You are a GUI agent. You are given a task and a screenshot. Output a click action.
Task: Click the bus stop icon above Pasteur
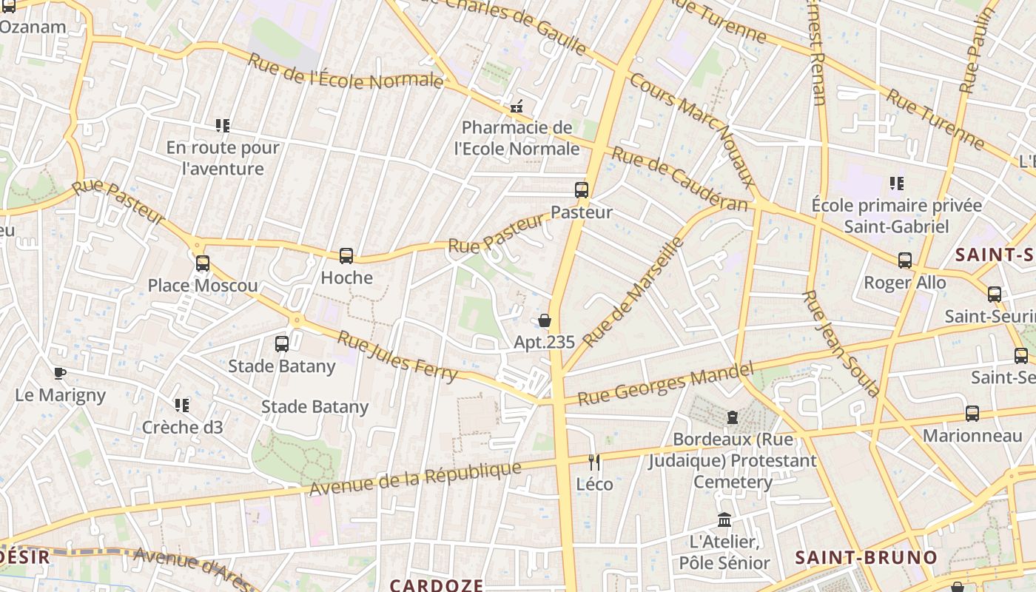(x=582, y=190)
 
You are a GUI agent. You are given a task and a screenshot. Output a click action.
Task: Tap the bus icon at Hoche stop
(x=346, y=256)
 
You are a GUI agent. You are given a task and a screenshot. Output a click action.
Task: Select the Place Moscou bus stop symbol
(x=203, y=263)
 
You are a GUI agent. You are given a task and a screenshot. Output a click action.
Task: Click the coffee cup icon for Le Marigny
(x=60, y=373)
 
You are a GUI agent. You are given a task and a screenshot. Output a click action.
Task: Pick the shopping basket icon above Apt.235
(x=545, y=320)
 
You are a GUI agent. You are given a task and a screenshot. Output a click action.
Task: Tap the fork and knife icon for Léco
(x=594, y=462)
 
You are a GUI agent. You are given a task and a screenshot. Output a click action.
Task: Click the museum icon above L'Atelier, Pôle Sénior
(x=724, y=520)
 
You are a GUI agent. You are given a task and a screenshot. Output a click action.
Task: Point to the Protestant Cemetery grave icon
(x=733, y=417)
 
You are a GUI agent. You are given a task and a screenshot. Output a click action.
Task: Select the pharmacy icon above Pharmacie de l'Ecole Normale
(x=517, y=106)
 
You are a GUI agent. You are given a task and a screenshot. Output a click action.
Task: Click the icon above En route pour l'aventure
(x=223, y=126)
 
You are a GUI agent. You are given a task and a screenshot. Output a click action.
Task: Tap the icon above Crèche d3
(x=182, y=406)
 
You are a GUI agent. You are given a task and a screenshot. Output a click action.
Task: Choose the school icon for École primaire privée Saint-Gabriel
(x=897, y=184)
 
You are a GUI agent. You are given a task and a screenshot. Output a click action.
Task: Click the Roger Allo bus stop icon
(x=905, y=260)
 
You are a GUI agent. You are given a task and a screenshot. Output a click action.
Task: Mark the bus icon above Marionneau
(x=972, y=414)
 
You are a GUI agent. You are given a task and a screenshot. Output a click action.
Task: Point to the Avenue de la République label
(x=415, y=480)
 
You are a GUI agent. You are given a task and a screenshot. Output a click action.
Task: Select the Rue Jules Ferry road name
(x=397, y=357)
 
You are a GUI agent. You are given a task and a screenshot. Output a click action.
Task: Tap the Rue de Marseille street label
(x=633, y=292)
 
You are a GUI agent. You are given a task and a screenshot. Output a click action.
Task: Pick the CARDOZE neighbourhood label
(x=436, y=585)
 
